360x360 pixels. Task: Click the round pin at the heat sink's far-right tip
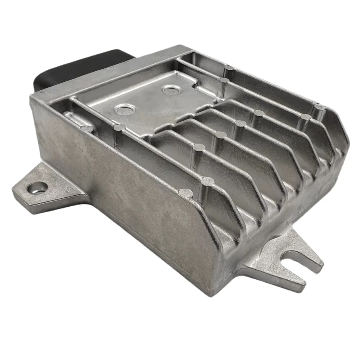(318, 107)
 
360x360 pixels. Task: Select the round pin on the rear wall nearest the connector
(229, 67)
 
